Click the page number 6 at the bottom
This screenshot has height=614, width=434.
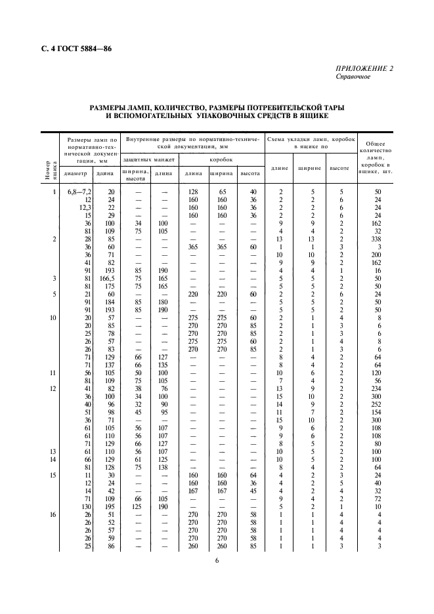[x=216, y=560]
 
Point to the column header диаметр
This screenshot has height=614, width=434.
[x=76, y=174]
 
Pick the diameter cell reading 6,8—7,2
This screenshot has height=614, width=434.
[x=79, y=192]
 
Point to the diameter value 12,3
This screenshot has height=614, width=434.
[x=84, y=207]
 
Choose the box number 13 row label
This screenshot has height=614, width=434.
[x=53, y=451]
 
